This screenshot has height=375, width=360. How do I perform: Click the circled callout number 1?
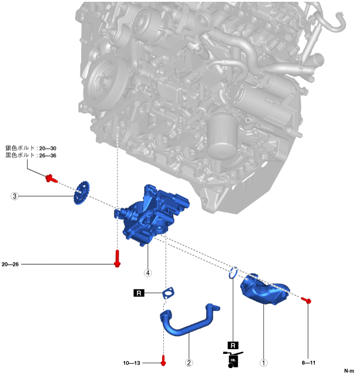264,363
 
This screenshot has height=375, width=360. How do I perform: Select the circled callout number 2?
189,363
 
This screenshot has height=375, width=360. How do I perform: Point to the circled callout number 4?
148,272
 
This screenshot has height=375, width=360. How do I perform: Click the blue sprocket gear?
82,193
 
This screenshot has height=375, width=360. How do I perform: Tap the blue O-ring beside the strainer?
233,272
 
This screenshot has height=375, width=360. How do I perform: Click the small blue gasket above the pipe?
169,292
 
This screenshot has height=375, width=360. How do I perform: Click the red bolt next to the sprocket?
50,177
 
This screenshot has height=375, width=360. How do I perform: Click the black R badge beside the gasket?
139,292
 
